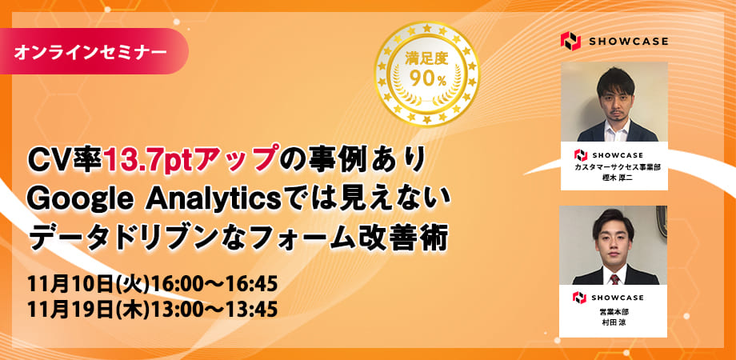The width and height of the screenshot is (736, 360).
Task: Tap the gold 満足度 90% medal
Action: (426, 74)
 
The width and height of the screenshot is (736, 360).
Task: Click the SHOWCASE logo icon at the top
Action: (570, 42)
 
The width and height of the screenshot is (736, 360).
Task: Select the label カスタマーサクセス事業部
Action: (614, 168)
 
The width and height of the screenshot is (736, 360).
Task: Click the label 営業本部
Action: (613, 311)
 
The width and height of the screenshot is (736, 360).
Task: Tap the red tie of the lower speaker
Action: (614, 279)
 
